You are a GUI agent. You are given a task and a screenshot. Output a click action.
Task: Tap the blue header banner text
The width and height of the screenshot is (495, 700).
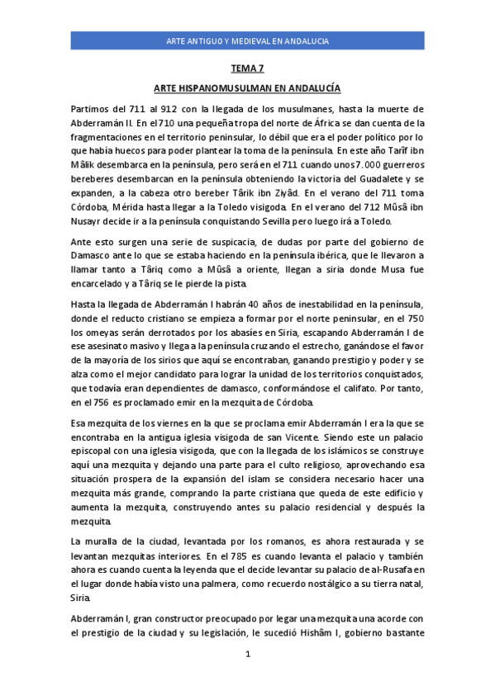pyautogui.click(x=247, y=40)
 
